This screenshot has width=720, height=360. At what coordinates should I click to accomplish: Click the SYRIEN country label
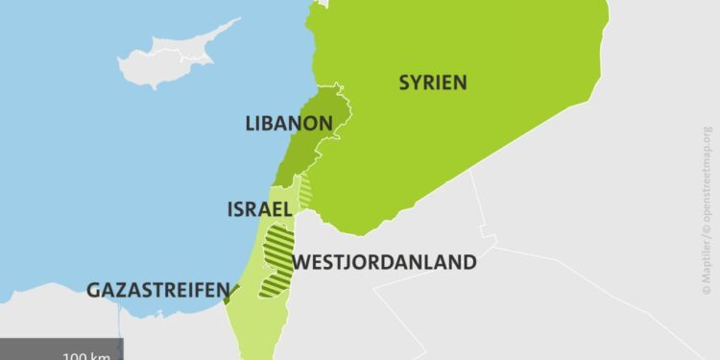[433, 83]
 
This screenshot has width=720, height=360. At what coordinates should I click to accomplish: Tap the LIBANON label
[289, 124]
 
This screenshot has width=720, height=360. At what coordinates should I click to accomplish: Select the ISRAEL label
[258, 209]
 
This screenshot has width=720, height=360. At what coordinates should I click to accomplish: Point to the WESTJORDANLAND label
[384, 261]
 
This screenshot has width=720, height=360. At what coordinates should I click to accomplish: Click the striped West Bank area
[279, 254]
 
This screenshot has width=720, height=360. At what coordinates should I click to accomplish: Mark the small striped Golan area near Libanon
[305, 191]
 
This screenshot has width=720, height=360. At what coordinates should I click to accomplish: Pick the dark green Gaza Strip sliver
[228, 293]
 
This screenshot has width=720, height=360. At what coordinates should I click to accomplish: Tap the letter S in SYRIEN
[405, 83]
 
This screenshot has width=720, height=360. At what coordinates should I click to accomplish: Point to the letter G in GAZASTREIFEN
[94, 290]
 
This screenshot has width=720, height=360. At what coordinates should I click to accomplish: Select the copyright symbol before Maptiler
[708, 285]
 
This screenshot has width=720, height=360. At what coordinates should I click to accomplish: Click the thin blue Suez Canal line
[121, 348]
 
